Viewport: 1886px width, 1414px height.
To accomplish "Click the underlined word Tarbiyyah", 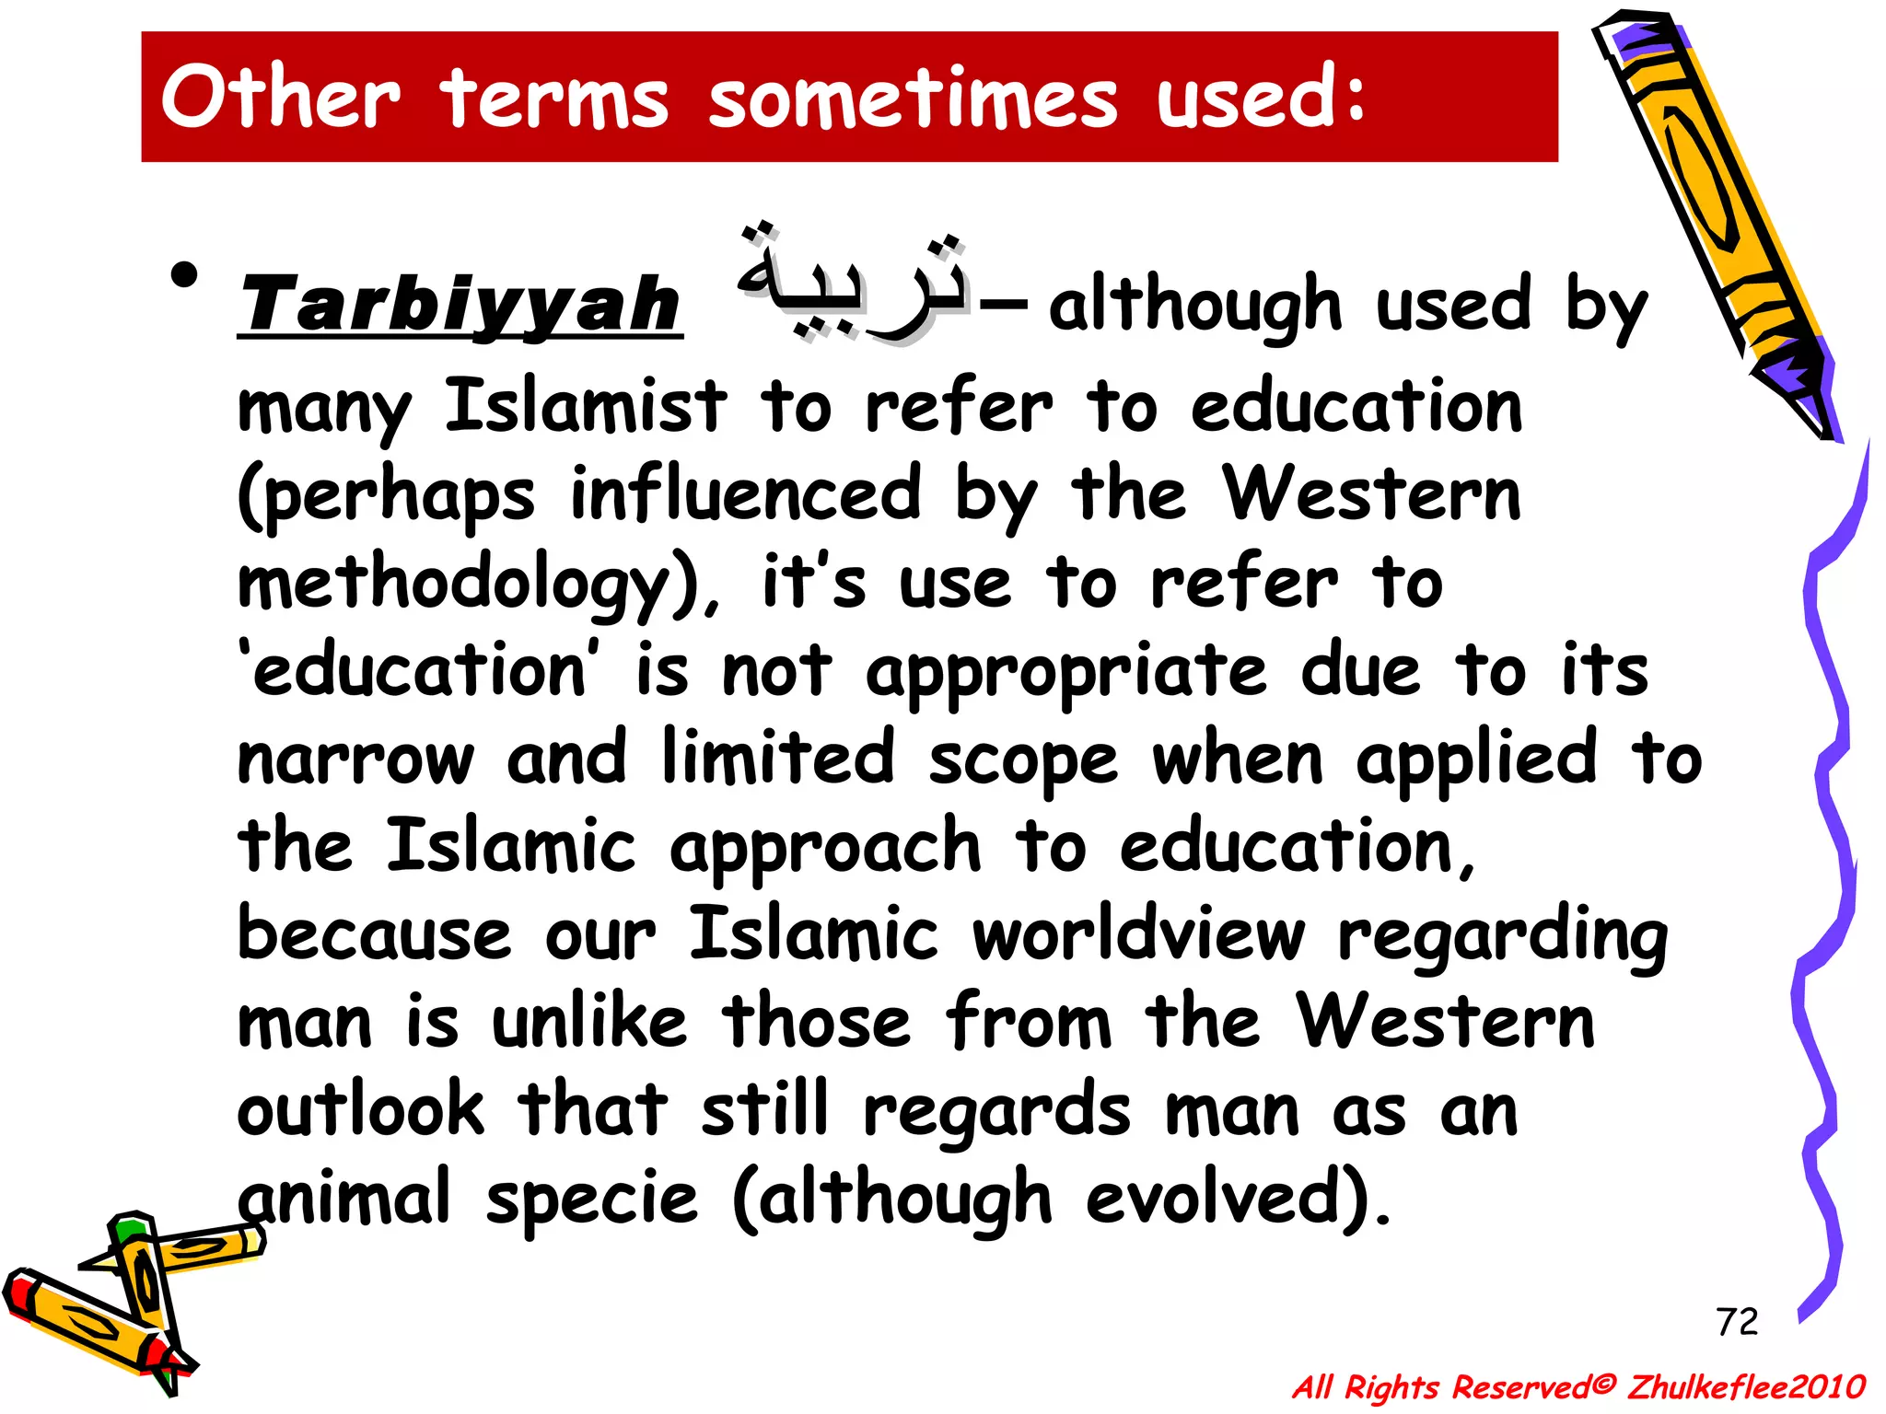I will tap(460, 306).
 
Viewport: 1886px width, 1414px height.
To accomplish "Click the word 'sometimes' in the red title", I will tap(913, 99).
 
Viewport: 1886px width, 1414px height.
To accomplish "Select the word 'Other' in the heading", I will tap(281, 97).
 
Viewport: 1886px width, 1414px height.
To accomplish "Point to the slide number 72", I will tap(1737, 1322).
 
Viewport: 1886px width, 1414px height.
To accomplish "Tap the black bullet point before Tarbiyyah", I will tap(184, 275).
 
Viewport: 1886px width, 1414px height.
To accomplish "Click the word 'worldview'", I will tap(1139, 935).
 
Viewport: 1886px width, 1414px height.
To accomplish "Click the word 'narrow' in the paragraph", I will tap(355, 760).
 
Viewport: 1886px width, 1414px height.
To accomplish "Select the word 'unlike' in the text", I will tap(589, 1022).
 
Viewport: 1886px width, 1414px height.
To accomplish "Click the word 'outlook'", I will tap(360, 1110).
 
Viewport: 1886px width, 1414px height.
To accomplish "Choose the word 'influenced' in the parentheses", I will tap(746, 494).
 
